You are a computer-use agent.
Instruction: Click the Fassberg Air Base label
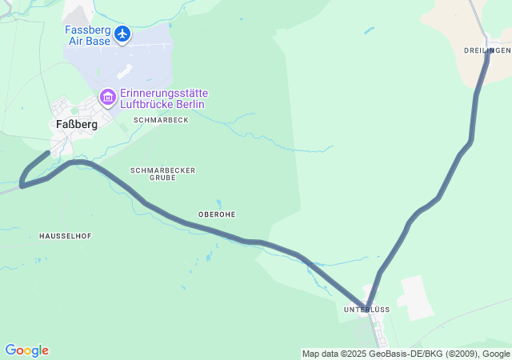pyautogui.click(x=88, y=35)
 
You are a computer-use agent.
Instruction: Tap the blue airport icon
pyautogui.click(x=122, y=34)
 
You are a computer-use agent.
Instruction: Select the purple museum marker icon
pyautogui.click(x=107, y=97)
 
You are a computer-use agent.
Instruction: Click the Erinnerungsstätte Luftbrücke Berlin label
pyautogui.click(x=163, y=98)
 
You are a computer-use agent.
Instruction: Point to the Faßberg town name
pyautogui.click(x=77, y=124)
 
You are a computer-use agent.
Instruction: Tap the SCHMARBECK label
pyautogui.click(x=161, y=120)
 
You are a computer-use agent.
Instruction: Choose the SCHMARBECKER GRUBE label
pyautogui.click(x=162, y=174)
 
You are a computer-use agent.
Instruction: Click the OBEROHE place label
pyautogui.click(x=216, y=214)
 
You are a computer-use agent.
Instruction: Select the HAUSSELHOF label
pyautogui.click(x=65, y=236)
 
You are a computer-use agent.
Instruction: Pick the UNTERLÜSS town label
pyautogui.click(x=366, y=309)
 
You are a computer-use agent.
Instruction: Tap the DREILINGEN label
pyautogui.click(x=486, y=50)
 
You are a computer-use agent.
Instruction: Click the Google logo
pyautogui.click(x=26, y=350)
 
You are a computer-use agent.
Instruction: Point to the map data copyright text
pyautogui.click(x=406, y=354)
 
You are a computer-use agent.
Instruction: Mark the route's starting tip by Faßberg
pyautogui.click(x=48, y=152)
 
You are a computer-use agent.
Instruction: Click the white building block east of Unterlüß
pyautogui.click(x=416, y=297)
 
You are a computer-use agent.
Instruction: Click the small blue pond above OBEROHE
pyautogui.click(x=218, y=203)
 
